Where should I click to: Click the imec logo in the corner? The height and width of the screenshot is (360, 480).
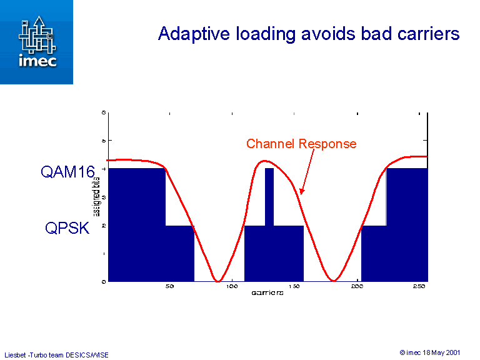(x=36, y=42)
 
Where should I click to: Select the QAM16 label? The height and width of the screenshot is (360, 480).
(x=67, y=172)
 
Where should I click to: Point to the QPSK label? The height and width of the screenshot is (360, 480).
(x=67, y=229)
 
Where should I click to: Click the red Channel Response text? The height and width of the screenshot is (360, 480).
(x=301, y=144)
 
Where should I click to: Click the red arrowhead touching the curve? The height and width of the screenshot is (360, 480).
(x=301, y=191)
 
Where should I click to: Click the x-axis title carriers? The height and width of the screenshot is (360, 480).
(x=267, y=292)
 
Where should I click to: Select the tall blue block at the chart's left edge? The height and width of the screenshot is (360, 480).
(x=136, y=225)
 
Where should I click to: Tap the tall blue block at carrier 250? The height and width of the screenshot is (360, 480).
(x=407, y=225)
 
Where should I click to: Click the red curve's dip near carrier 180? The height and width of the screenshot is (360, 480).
(x=334, y=279)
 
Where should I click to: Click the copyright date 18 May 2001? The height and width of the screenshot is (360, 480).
(x=443, y=352)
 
